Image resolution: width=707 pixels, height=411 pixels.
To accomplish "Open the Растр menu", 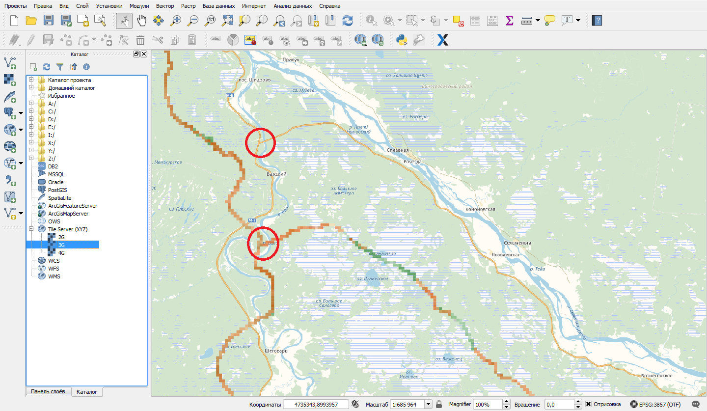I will (188, 6).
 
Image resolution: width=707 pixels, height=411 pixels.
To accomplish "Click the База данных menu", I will (219, 6).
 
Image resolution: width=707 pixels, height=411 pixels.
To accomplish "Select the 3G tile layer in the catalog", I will (61, 245).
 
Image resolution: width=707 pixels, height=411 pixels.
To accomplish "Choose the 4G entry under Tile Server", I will (61, 252).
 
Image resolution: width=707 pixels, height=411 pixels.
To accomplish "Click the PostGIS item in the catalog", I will (57, 190).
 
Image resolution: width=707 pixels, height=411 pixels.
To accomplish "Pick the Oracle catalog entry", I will (55, 182).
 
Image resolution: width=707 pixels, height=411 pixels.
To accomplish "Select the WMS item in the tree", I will (54, 276).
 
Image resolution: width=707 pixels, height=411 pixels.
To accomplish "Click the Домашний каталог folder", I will (72, 88).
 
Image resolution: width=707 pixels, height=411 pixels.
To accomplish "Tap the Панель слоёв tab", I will (48, 391).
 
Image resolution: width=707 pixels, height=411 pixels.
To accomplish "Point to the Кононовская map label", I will (480, 209).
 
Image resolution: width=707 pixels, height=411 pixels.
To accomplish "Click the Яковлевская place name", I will (506, 255).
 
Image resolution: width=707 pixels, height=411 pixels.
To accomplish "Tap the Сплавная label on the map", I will (398, 150).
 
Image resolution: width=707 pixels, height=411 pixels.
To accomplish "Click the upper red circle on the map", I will (260, 142).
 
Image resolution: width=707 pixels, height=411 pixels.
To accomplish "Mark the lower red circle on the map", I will (263, 243).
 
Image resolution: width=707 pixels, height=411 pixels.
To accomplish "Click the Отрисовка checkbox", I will (588, 404).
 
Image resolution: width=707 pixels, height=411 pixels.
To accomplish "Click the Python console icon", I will (403, 40).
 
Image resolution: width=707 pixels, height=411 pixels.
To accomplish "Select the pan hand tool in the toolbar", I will (141, 21).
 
